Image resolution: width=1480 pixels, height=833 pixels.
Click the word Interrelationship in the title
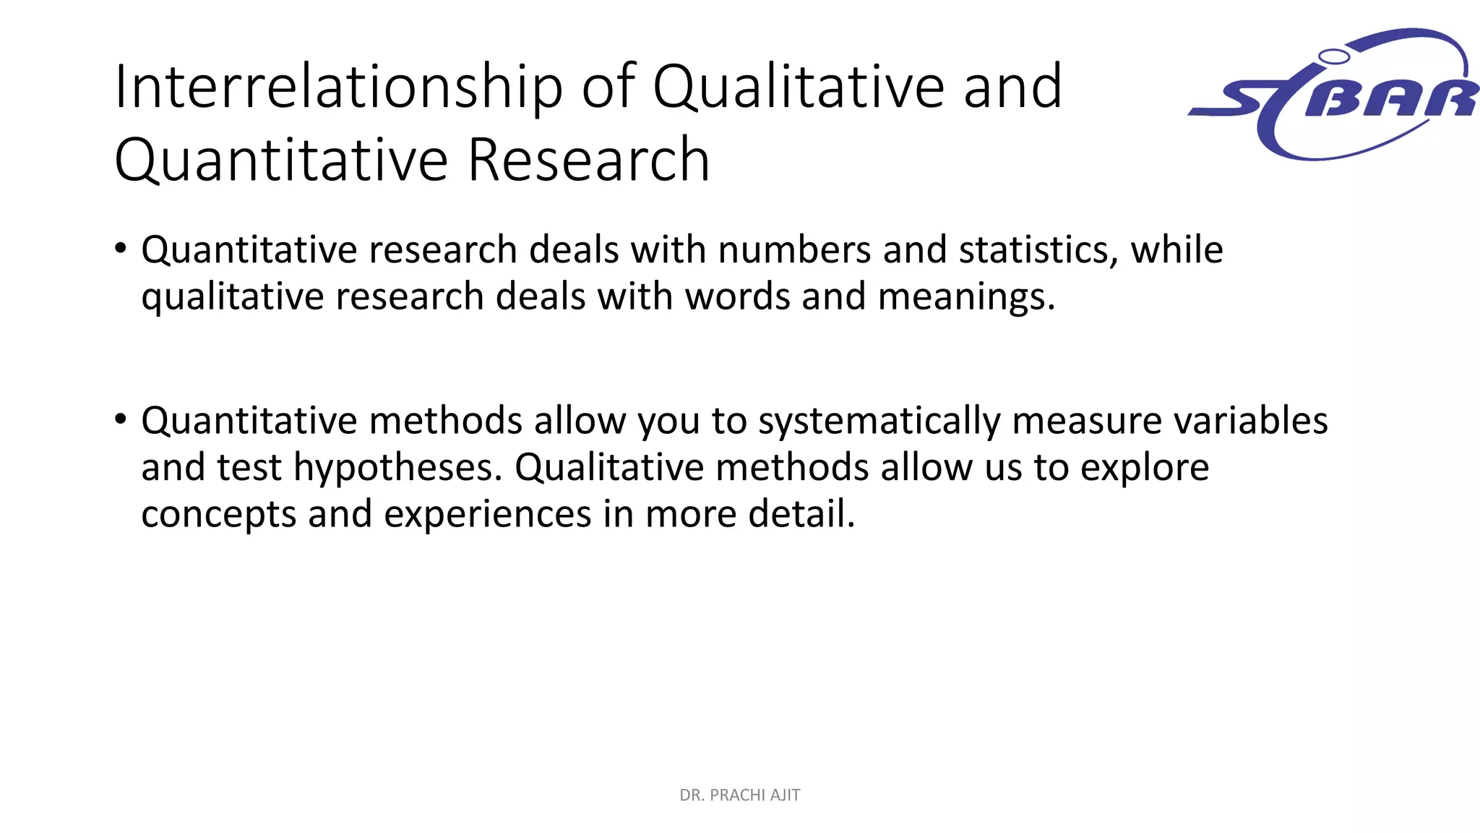pyautogui.click(x=338, y=87)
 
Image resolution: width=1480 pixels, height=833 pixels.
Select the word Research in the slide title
pyautogui.click(x=588, y=161)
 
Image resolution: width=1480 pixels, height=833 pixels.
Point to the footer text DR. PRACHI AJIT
pyautogui.click(x=739, y=795)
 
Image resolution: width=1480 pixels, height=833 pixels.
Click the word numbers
pyautogui.click(x=794, y=251)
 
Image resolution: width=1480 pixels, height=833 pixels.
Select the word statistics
pyautogui.click(x=1033, y=251)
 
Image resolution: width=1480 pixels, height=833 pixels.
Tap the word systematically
pyautogui.click(x=879, y=422)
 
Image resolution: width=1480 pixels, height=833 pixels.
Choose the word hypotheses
pyautogui.click(x=397, y=468)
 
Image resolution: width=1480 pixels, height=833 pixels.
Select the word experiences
pyautogui.click(x=487, y=515)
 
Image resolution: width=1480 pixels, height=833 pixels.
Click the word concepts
pyautogui.click(x=218, y=515)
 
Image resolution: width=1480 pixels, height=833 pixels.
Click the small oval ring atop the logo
pyautogui.click(x=1334, y=56)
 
